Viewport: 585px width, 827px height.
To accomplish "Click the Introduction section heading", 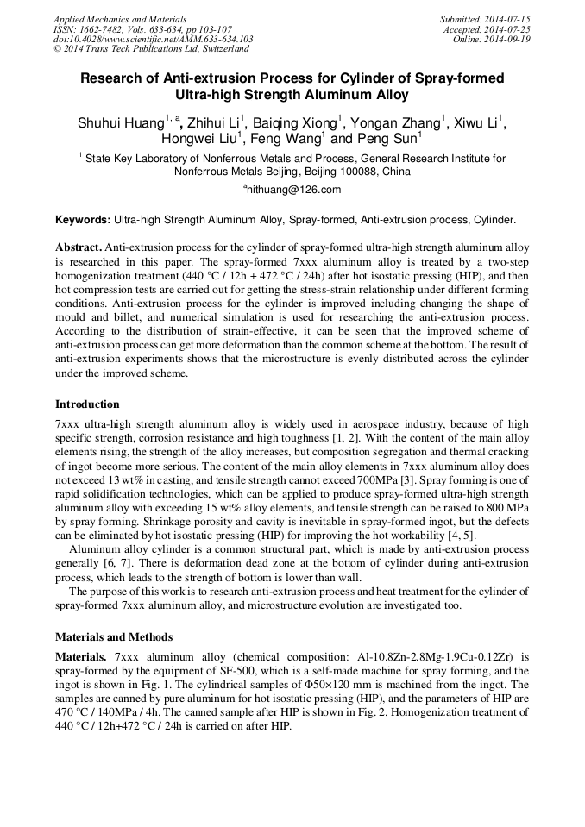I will tap(87, 404).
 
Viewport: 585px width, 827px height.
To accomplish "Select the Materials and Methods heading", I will tap(114, 637).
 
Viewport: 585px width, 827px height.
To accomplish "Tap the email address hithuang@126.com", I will tap(292, 190).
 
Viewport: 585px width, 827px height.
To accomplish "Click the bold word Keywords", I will tap(82, 221).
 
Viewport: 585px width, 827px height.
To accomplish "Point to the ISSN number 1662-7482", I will tap(101, 29).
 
